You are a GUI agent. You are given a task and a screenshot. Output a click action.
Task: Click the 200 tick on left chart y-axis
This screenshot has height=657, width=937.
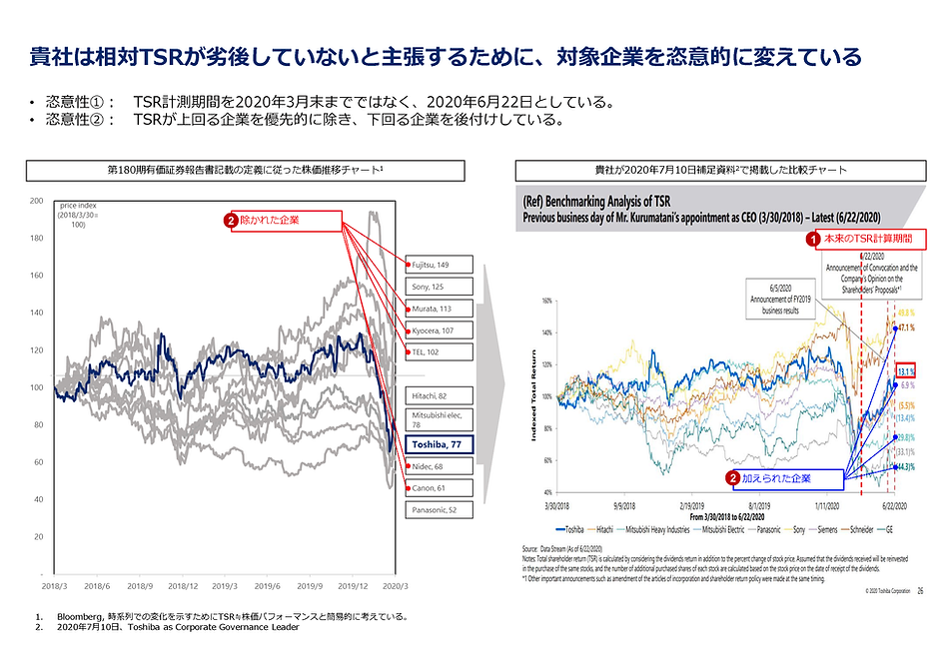click(x=37, y=201)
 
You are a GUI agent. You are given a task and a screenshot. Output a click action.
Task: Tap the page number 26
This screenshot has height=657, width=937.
click(x=920, y=592)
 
